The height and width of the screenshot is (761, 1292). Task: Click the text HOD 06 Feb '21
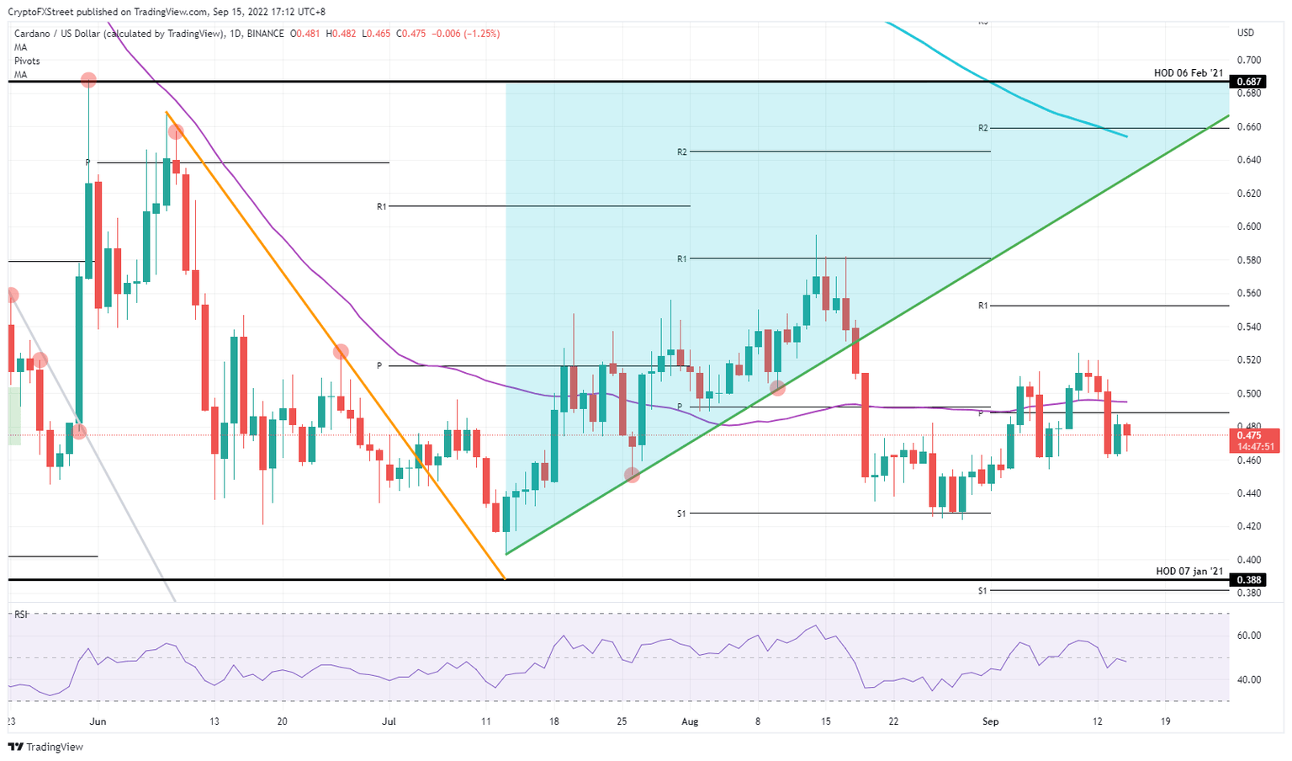(x=1188, y=73)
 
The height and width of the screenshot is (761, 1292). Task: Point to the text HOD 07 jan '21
(x=1189, y=572)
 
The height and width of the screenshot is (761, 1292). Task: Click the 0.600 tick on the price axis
(x=1248, y=226)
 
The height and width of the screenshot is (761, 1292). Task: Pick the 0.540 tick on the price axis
(x=1248, y=327)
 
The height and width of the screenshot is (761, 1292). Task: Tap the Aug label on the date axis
(x=690, y=721)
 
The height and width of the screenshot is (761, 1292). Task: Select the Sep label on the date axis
(x=991, y=721)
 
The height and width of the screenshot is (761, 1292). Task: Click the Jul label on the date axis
(x=389, y=721)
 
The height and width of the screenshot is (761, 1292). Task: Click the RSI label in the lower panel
(x=20, y=615)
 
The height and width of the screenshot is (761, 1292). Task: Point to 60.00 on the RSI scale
(x=1249, y=636)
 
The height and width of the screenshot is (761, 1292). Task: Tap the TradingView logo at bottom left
(x=45, y=747)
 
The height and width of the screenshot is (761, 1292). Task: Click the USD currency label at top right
(x=1245, y=33)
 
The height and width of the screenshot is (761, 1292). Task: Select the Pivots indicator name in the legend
(x=26, y=61)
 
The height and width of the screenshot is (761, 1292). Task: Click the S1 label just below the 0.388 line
(x=982, y=591)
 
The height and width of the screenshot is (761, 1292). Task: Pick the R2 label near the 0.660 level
(x=982, y=128)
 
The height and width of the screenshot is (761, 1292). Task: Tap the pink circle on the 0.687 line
(x=88, y=80)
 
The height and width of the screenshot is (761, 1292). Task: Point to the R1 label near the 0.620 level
(x=381, y=206)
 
